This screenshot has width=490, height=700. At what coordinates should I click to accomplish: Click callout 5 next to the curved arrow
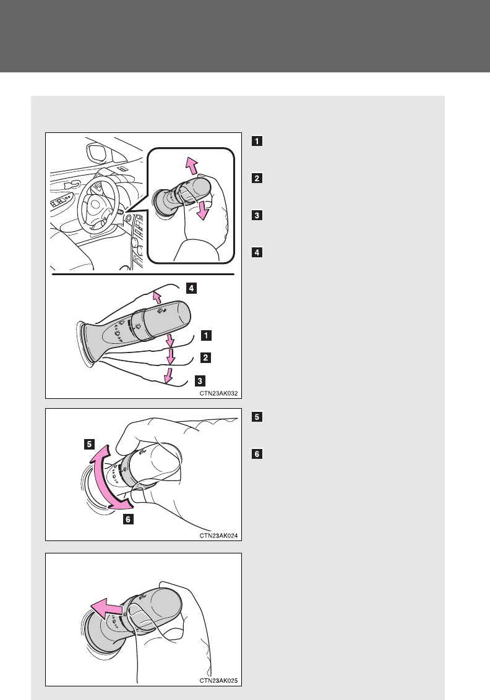click(90, 443)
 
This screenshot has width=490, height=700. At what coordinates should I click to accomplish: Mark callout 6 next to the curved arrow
click(127, 519)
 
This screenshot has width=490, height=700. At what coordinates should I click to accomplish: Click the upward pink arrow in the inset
click(192, 166)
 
